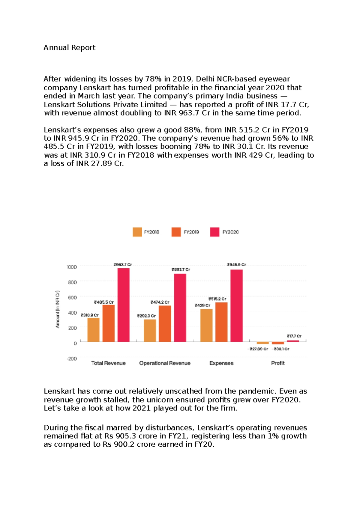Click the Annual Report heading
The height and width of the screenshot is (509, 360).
click(x=69, y=48)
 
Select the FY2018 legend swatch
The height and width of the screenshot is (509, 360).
click(x=137, y=232)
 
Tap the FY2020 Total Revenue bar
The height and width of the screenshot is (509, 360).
click(x=123, y=305)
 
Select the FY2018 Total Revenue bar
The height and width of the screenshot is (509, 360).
click(x=93, y=330)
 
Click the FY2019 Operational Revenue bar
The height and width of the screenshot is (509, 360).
click(x=165, y=323)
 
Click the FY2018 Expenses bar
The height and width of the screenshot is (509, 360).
click(x=206, y=325)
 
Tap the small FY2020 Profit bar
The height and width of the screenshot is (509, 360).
click(x=293, y=341)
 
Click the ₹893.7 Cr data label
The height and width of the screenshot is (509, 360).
click(x=181, y=269)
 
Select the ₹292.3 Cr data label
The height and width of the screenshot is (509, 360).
click(x=146, y=316)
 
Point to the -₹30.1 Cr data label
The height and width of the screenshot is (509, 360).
click(x=280, y=349)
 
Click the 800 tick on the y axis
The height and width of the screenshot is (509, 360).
click(x=72, y=282)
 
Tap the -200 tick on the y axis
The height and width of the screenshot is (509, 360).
click(x=72, y=359)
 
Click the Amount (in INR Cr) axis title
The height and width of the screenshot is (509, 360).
click(x=58, y=309)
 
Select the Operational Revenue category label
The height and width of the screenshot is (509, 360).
click(x=165, y=363)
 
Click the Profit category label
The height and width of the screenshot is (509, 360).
click(x=277, y=363)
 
